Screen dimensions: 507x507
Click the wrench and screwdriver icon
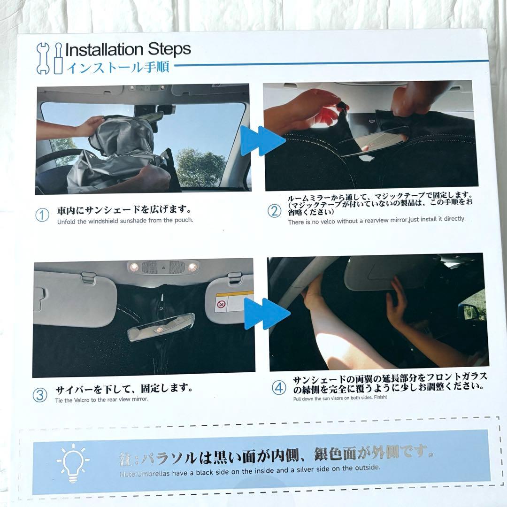49,59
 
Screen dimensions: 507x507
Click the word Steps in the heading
169,49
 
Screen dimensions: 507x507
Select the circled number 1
42,215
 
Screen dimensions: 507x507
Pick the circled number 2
275,211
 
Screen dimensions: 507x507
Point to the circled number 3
40,395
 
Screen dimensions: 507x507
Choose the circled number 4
279,388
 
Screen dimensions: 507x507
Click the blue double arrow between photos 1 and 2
262,141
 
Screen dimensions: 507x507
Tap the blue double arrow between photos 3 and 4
267,314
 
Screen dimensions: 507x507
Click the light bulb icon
73,463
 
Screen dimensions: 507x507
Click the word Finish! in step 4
381,397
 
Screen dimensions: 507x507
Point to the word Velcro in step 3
82,400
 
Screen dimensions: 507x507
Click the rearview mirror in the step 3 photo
161,327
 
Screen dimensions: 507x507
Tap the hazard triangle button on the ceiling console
162,268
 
